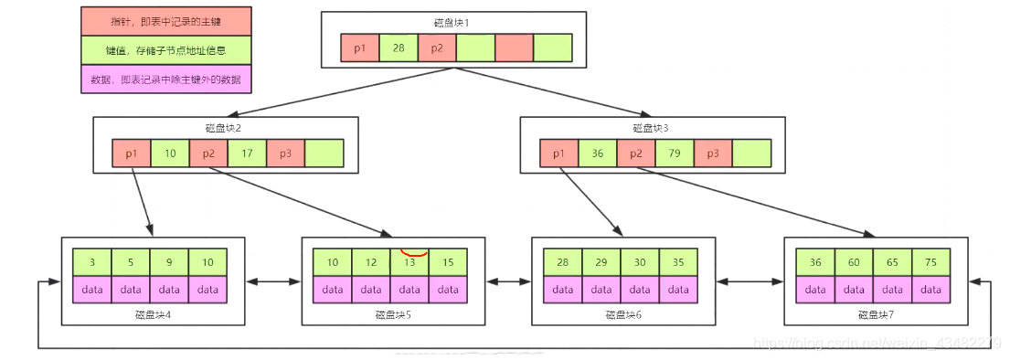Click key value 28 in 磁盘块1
pos(399,48)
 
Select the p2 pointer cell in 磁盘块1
pos(437,48)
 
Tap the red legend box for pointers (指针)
pos(166,20)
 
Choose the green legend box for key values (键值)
pos(166,50)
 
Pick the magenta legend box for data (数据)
pos(166,79)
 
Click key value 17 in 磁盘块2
pos(247,154)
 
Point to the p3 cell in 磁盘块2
pos(285,154)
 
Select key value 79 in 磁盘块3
pos(674,154)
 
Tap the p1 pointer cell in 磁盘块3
pos(558,154)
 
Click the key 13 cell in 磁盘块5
pos(409,262)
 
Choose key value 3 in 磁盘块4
pos(92,262)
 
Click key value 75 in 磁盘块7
pos(930,262)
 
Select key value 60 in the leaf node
pos(853,262)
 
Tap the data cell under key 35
pos(677,290)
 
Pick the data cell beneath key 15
pos(447,290)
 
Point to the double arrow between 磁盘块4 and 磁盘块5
pos(273,280)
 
